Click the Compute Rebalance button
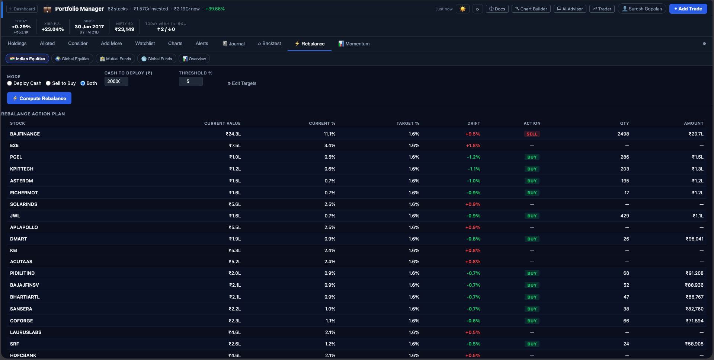[39, 98]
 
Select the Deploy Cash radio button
[10, 83]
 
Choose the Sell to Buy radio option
[48, 83]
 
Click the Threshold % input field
[190, 82]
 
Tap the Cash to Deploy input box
[116, 82]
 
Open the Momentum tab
[354, 44]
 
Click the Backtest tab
[269, 44]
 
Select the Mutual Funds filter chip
[115, 59]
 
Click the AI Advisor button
[570, 9]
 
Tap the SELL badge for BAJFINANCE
[532, 134]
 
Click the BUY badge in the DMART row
[532, 239]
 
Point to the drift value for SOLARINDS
[473, 204]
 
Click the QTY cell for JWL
[624, 216]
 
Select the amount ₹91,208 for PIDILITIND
[694, 273]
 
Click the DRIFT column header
[473, 123]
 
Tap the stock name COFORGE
[22, 321]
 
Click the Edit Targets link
[242, 83]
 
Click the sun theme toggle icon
[462, 9]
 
